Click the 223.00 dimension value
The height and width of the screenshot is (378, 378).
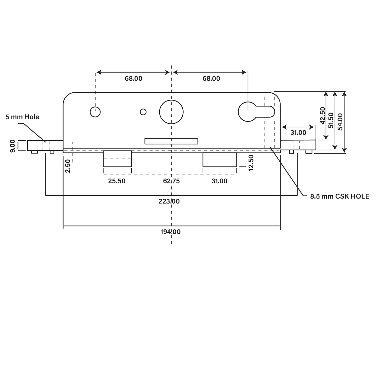(169, 201)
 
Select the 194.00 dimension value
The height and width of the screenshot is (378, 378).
(170, 232)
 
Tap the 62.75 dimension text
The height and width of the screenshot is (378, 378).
(171, 181)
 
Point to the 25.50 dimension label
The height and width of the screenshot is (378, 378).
(117, 181)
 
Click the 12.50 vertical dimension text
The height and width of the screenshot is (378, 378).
(251, 163)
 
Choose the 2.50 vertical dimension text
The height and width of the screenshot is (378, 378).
(68, 166)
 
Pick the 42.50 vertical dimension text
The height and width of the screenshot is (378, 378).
(322, 115)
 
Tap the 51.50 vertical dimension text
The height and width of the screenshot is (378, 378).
(331, 120)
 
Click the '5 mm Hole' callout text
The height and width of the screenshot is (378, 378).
(22, 117)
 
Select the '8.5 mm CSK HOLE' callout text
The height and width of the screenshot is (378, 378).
(340, 196)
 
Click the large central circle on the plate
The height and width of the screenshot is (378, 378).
(171, 112)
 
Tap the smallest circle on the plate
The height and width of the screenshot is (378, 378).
(143, 112)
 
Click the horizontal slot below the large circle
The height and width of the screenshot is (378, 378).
(171, 141)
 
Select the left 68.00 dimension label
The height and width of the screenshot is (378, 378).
(133, 78)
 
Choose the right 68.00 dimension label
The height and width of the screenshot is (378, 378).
(211, 78)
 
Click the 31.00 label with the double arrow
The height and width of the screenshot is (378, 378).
(298, 133)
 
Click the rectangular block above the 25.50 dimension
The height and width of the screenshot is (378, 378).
(117, 159)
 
